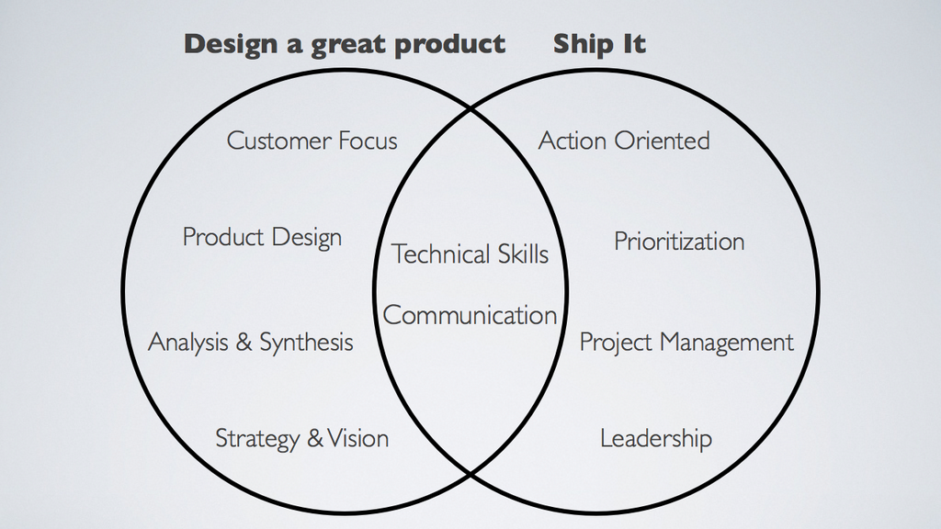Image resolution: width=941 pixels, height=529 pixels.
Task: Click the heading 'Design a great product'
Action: tap(345, 44)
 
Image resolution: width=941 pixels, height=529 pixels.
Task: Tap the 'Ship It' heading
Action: tap(599, 44)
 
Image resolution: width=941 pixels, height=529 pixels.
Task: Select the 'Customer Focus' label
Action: tap(312, 141)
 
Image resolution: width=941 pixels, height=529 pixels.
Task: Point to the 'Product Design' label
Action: tap(262, 238)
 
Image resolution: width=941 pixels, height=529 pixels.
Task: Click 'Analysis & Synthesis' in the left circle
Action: tap(251, 343)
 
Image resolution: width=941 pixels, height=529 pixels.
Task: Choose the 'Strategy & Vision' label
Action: tap(301, 439)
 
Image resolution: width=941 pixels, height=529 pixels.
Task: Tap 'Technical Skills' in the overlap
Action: tap(470, 253)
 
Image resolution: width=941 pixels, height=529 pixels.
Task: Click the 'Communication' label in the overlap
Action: tap(470, 316)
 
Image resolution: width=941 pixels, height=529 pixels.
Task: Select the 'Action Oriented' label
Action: tap(624, 141)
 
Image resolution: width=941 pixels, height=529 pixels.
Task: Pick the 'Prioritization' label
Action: tap(679, 242)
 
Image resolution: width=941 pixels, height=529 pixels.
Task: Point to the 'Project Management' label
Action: tap(686, 343)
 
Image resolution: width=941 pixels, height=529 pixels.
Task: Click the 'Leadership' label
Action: tap(656, 438)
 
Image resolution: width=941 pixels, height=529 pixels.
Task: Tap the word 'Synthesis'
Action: tap(306, 343)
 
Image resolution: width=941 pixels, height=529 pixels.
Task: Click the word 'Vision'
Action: tap(358, 438)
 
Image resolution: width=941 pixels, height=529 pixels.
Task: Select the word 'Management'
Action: tap(727, 343)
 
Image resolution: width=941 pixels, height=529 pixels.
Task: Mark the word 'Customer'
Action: tap(278, 141)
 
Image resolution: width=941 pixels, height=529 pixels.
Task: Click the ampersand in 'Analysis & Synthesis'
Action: tap(243, 343)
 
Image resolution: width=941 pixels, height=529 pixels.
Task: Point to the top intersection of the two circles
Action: tap(470, 110)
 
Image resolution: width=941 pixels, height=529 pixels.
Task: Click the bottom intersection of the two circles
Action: tap(470, 475)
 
